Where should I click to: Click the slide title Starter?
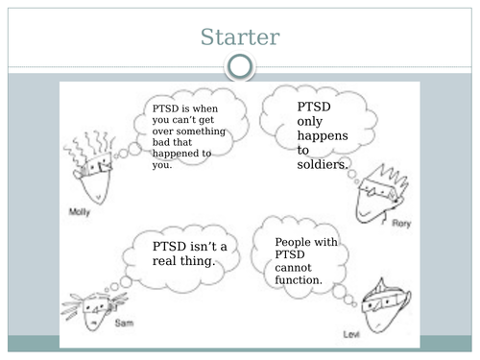240,37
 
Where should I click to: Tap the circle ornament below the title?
240,66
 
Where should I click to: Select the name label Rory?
401,223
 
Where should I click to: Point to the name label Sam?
124,324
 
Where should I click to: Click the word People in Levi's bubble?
293,243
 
